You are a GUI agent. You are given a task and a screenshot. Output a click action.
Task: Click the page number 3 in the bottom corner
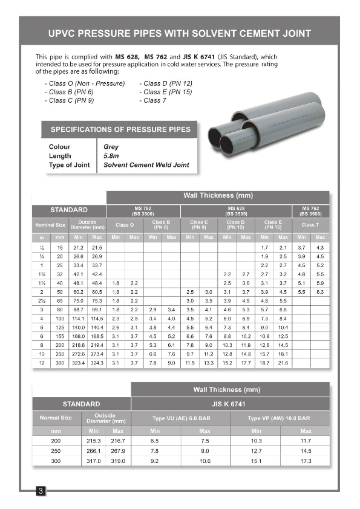(x=41, y=491)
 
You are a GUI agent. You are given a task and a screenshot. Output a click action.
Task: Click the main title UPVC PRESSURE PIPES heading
(x=180, y=33)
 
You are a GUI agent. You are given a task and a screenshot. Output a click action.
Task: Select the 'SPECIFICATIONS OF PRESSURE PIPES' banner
(x=120, y=129)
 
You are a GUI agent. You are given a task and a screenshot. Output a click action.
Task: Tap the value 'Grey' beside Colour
(x=111, y=147)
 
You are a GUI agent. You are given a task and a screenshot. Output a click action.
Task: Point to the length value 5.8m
(x=111, y=156)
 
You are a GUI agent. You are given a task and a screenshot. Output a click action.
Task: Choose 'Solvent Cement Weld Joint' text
(x=146, y=165)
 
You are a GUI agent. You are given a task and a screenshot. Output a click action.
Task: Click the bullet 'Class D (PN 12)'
(x=166, y=83)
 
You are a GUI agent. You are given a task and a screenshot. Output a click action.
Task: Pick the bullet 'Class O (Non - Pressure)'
(x=85, y=83)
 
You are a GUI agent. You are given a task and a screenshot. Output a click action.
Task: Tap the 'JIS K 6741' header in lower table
(x=230, y=404)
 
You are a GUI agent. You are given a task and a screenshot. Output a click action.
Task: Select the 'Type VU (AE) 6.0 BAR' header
(x=180, y=418)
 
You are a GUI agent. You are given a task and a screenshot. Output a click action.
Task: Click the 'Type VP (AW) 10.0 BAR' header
(x=279, y=418)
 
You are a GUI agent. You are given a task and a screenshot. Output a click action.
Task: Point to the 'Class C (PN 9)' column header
(x=198, y=225)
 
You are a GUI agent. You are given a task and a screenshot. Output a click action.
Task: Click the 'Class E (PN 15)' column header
(x=273, y=225)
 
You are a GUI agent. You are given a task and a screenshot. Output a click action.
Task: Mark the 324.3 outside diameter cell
(x=97, y=363)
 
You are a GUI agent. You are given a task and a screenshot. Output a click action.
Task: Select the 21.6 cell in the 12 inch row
(x=283, y=363)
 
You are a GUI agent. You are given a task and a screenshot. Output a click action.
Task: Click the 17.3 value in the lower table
(x=306, y=461)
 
